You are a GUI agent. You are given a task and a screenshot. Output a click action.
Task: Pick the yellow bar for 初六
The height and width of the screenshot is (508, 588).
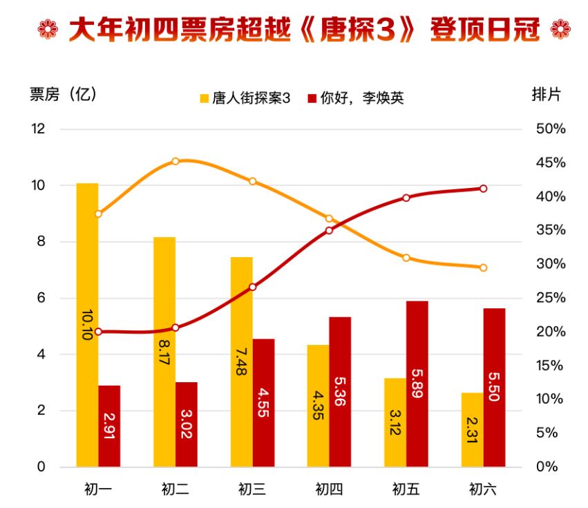473,429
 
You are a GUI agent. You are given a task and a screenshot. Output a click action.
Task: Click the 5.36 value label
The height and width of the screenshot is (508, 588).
340,391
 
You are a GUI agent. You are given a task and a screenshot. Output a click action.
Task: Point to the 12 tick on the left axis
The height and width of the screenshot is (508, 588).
37,129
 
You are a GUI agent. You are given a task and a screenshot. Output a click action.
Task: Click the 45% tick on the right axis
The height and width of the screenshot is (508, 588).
551,163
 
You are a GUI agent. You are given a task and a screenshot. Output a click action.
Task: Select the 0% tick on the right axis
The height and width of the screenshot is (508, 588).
551,467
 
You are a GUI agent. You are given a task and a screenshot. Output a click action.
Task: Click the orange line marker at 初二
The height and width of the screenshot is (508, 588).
176,161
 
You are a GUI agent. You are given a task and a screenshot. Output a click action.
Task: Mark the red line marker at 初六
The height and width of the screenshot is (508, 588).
484,189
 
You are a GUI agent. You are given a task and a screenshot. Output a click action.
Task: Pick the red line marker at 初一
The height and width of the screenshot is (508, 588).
98,332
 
